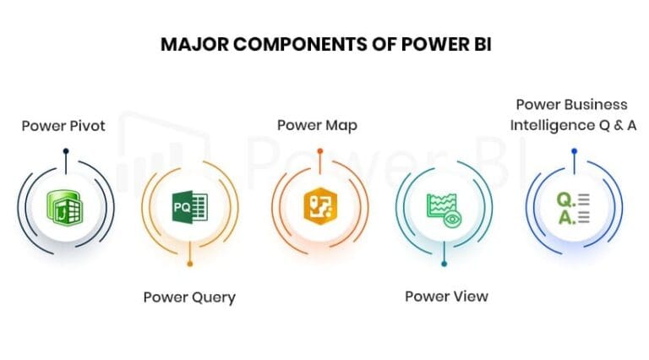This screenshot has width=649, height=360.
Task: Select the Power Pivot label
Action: coord(63,126)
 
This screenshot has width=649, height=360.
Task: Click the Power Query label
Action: coord(189,297)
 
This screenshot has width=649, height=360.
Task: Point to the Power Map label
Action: coord(317,126)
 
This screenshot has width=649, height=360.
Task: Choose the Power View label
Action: coord(446,297)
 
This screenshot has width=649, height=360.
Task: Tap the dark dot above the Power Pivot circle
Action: coord(65,151)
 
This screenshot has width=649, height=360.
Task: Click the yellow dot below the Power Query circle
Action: coord(190,265)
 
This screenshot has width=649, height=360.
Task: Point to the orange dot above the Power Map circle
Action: coord(319,151)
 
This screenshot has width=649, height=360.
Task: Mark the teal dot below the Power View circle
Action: coord(444,265)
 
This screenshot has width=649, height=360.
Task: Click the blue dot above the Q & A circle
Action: coord(574,151)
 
